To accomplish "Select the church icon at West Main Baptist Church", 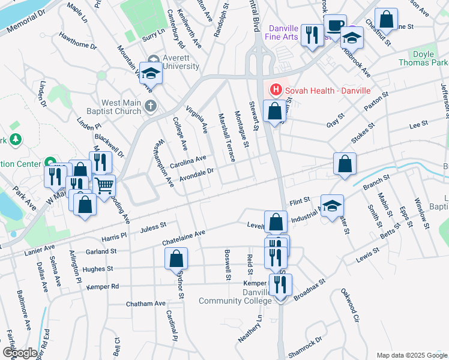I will point(151,106).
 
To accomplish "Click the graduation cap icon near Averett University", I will point(151,74).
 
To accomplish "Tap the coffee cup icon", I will point(334,26).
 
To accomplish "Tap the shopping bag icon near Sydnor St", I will point(176,259).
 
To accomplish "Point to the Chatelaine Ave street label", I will point(184,237).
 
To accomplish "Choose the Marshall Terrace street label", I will point(227,138).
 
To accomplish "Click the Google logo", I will point(20,352).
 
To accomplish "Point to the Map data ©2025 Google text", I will point(412,355).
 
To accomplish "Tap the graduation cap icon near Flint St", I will point(332,206).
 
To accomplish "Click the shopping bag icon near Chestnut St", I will point(385,20).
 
